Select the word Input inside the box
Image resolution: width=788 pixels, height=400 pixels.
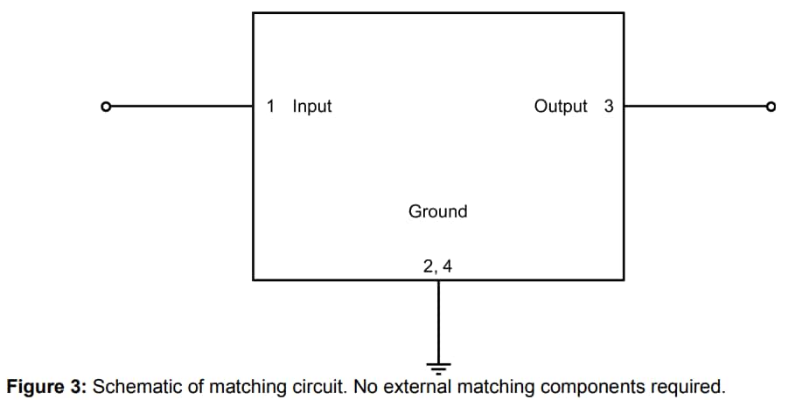point(312,107)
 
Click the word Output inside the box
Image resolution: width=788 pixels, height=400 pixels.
point(561,107)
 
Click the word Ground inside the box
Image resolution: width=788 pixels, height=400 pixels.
point(437,211)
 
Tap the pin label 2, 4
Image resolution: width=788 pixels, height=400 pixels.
point(437,266)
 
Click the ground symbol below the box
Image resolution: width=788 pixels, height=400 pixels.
point(437,364)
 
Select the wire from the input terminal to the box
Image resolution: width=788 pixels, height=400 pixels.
point(179,107)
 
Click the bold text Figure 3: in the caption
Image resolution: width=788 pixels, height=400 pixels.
point(45,386)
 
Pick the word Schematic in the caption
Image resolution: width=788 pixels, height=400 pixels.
point(133,386)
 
